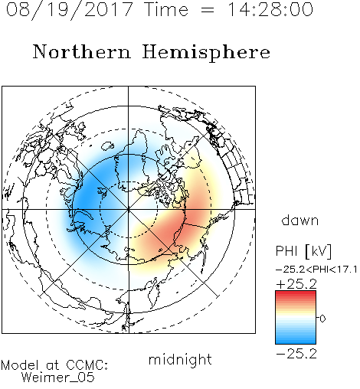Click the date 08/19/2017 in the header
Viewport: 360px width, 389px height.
69,9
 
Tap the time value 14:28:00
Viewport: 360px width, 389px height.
270,9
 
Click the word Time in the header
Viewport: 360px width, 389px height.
166,9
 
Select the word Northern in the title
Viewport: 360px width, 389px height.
82,51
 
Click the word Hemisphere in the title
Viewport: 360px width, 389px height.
206,53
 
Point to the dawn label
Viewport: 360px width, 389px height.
300,220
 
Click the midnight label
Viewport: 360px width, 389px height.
180,359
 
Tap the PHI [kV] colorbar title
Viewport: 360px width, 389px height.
303,251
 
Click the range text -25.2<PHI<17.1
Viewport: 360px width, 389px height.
316,270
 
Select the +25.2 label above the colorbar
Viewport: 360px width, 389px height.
296,284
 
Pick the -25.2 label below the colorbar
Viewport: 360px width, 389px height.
296,354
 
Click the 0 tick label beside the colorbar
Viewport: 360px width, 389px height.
322,319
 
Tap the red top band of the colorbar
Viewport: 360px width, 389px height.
296,293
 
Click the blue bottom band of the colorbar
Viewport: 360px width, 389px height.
296,341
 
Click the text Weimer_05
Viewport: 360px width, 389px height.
58,378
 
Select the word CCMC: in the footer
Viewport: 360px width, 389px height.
87,365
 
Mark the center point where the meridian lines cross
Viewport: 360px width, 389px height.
129,209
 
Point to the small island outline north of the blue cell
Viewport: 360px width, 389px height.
107,145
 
